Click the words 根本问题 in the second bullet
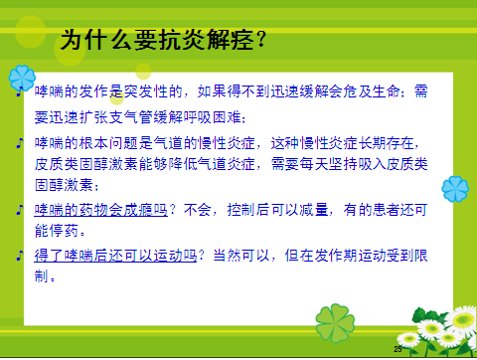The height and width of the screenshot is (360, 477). click(107, 143)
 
